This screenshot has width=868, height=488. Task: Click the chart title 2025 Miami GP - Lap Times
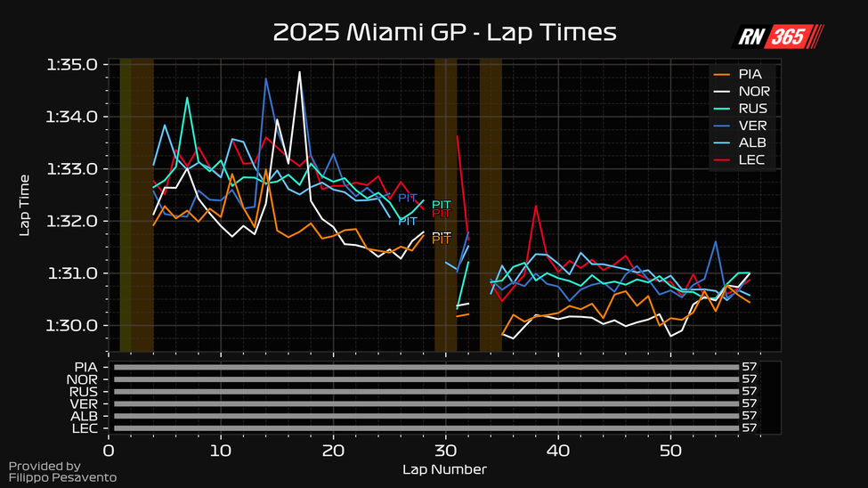coord(444,33)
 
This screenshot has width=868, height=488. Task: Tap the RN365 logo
coord(777,36)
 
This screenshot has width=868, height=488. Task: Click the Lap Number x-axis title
coord(444,469)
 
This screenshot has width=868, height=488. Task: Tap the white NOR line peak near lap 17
coord(300,72)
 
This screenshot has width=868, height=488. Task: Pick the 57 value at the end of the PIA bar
coord(749,366)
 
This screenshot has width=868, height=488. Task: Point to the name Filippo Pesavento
coord(62,478)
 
